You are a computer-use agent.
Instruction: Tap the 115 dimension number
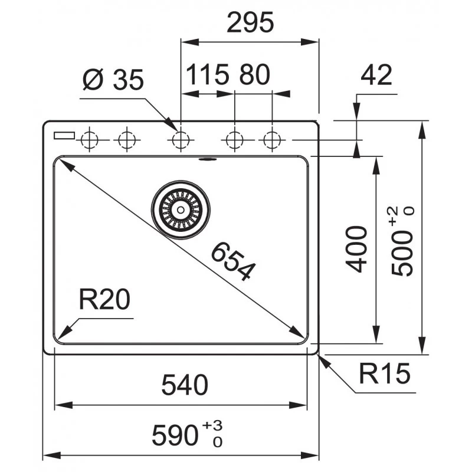(208, 75)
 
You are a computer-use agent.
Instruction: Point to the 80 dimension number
(255, 75)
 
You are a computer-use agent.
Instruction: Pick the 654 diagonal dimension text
(234, 260)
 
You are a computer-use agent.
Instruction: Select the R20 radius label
(104, 301)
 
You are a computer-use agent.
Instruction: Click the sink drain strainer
(181, 208)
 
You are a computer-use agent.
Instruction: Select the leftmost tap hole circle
(89, 140)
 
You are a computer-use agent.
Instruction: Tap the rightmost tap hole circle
(271, 140)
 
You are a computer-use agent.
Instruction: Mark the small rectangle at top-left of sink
(64, 135)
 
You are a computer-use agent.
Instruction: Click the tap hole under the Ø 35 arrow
(180, 140)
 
